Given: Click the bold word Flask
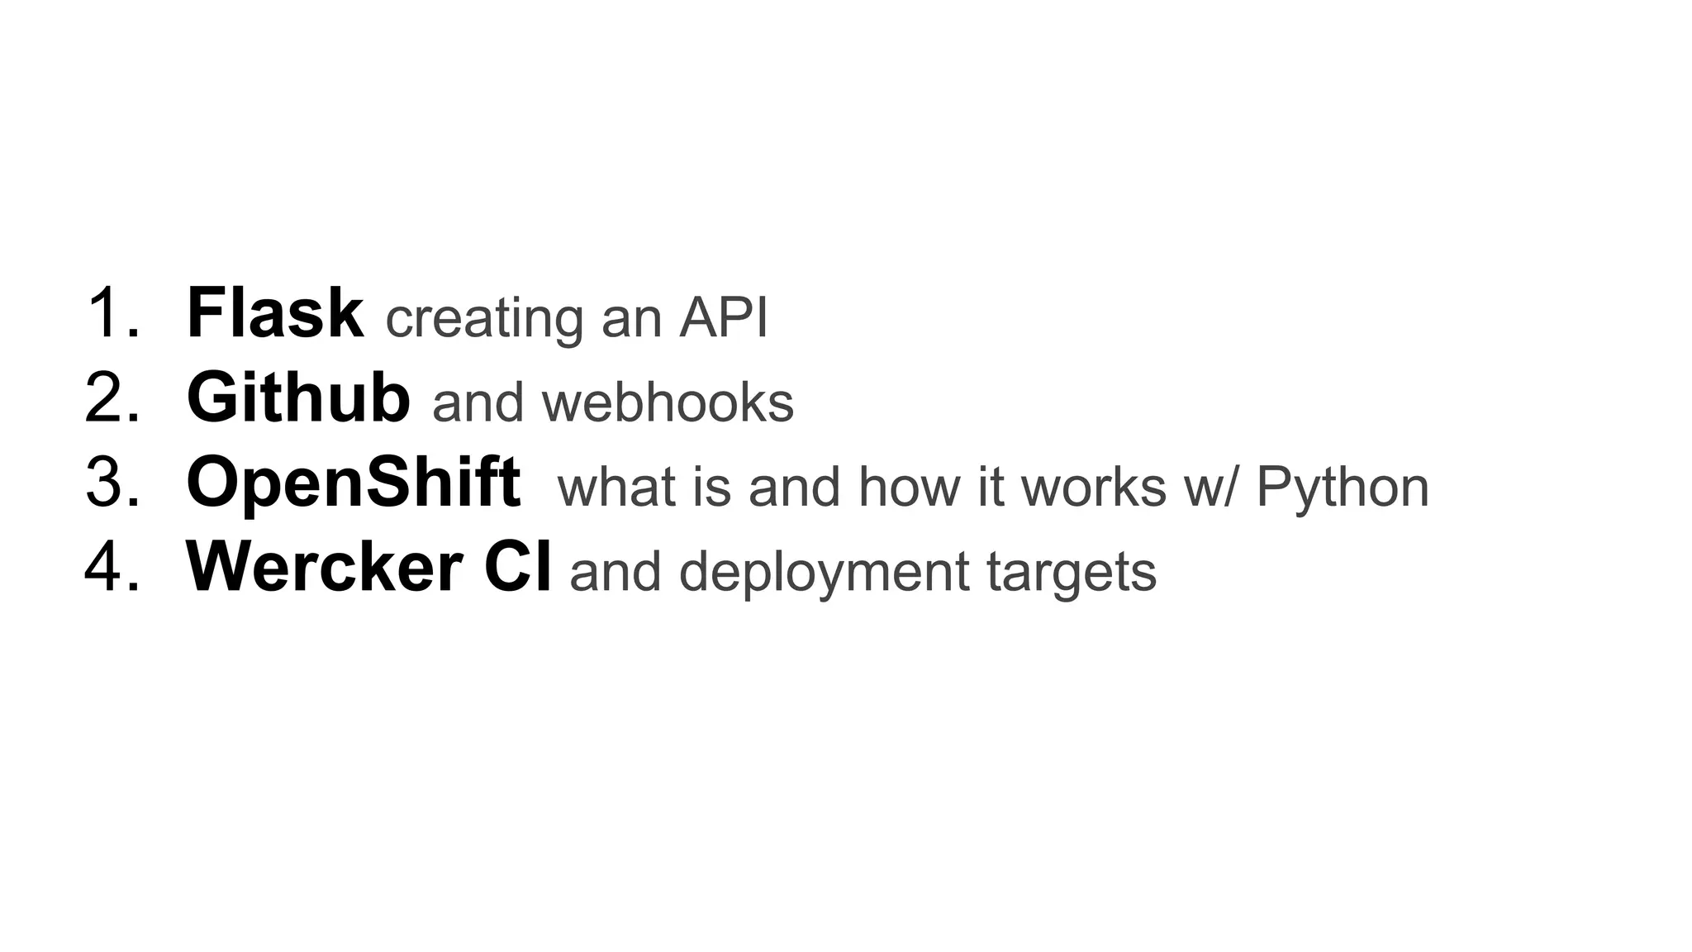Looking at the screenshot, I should point(274,313).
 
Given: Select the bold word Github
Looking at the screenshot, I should point(297,398).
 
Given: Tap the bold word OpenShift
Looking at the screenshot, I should point(353,483).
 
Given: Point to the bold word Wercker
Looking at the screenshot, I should point(324,568).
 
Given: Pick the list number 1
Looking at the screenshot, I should point(112,313).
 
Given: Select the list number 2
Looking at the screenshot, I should point(112,398).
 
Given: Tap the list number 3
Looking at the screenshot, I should point(112,483).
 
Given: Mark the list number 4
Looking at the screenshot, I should point(112,568).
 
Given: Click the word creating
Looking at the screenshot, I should point(483,319).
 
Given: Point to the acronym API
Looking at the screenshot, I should point(724,317).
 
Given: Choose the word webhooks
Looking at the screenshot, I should point(668,402).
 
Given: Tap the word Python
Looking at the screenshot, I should point(1343,488).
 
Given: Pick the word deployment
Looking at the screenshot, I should point(824,573).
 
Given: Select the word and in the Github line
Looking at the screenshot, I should point(478,402).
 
